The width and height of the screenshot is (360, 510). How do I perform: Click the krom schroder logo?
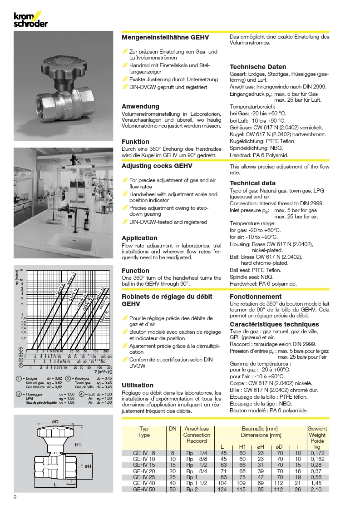click(30, 20)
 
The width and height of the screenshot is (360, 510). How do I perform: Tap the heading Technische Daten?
click(258, 67)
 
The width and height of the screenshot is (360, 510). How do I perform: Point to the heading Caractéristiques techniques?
click(274, 324)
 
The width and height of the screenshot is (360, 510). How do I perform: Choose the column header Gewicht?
click(316, 429)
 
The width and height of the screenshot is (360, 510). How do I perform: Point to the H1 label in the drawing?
click(78, 445)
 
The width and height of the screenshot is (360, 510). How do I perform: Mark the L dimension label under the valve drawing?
click(55, 485)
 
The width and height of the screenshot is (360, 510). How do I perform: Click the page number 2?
click(16, 497)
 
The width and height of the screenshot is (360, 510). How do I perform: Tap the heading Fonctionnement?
click(256, 296)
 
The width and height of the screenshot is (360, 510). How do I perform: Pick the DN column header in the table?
click(173, 429)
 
